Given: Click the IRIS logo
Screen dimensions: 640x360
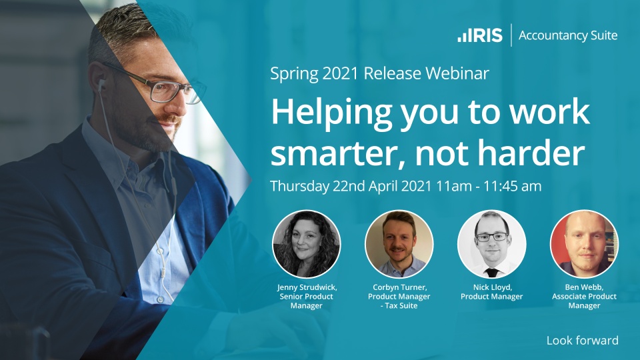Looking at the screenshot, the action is click(x=480, y=35).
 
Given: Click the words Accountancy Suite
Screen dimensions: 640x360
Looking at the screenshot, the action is click(x=568, y=35).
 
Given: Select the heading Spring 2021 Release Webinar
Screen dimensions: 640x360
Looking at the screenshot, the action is click(x=379, y=73).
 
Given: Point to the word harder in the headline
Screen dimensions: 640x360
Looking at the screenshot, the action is click(x=531, y=152).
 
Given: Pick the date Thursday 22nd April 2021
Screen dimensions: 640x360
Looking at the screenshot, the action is click(x=351, y=186).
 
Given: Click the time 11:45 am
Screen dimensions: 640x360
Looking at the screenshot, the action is click(x=512, y=186).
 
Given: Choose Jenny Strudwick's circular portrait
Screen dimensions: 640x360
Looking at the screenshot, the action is click(x=307, y=244).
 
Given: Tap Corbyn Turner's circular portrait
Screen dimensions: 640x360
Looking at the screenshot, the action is click(x=399, y=244).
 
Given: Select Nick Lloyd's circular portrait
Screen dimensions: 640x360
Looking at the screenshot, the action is click(x=492, y=244).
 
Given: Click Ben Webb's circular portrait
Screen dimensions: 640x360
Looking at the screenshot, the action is click(x=585, y=244).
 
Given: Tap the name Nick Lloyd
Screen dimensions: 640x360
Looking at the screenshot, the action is click(x=493, y=287).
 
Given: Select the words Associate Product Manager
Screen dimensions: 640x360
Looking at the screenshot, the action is click(x=585, y=301).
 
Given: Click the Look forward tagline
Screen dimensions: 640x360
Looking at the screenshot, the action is click(x=583, y=341).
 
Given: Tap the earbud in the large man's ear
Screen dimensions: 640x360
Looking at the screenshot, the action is click(x=101, y=85).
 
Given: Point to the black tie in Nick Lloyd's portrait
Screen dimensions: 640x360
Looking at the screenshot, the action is click(x=492, y=272).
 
